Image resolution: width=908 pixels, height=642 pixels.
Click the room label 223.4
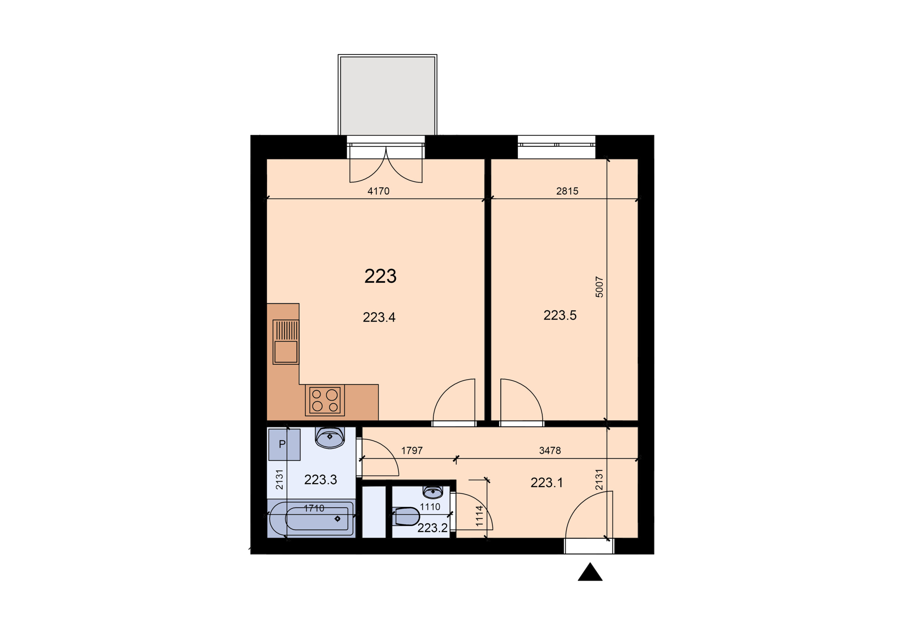click(x=379, y=317)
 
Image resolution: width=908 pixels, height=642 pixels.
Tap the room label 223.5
click(x=560, y=315)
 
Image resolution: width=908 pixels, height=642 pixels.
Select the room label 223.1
click(x=547, y=483)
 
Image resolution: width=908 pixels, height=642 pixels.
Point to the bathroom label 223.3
click(x=320, y=480)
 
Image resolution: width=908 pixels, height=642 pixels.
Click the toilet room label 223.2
click(x=432, y=528)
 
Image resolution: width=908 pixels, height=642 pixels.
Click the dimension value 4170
click(x=378, y=191)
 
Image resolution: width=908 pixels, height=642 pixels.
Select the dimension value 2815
click(x=567, y=191)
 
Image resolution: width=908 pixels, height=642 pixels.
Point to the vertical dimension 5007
click(x=599, y=287)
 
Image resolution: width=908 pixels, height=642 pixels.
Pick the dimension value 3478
click(x=550, y=450)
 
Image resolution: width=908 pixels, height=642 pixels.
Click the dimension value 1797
click(x=412, y=450)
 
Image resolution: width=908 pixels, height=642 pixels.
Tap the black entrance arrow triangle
click(x=590, y=572)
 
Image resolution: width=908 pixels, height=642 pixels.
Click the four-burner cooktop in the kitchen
click(x=325, y=400)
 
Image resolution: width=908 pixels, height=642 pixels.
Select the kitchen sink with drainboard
click(x=286, y=342)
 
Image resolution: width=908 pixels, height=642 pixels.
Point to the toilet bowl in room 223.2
click(x=407, y=516)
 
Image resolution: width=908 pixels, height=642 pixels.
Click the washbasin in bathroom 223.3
click(x=330, y=437)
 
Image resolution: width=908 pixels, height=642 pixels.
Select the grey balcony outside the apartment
click(x=388, y=95)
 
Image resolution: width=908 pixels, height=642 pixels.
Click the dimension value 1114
click(x=479, y=516)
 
